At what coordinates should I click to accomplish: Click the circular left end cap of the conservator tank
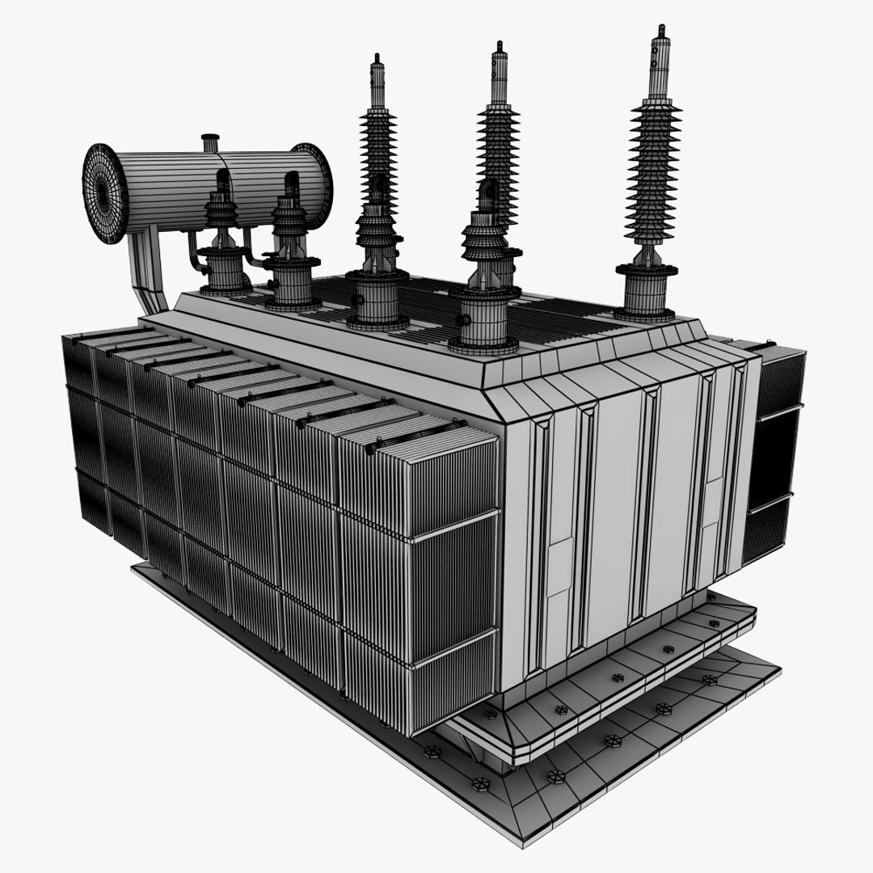103,192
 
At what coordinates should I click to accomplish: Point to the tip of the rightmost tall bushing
661,32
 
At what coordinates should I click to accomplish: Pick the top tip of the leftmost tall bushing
376,61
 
